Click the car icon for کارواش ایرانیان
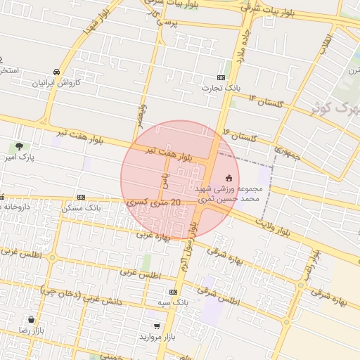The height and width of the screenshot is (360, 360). pyautogui.click(x=56, y=72)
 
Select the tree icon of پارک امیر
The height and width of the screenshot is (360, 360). pyautogui.click(x=20, y=146)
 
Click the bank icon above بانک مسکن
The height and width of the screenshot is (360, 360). pyautogui.click(x=82, y=197)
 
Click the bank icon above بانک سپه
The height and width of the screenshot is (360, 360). pyautogui.click(x=174, y=291)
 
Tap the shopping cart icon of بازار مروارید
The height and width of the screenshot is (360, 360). pyautogui.click(x=156, y=326)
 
